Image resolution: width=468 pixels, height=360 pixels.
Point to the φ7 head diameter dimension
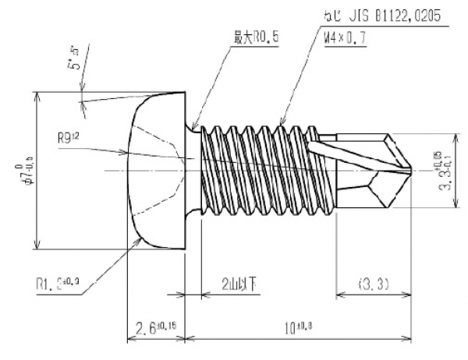28,171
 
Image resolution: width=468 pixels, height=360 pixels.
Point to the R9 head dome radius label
69,139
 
